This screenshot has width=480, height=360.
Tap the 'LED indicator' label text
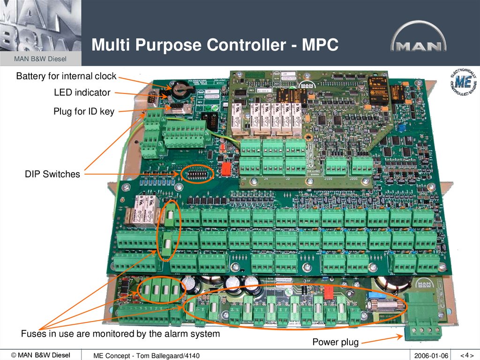tap(82, 92)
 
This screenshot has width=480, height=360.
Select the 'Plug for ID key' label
tap(83, 112)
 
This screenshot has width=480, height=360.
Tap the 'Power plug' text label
tap(335, 343)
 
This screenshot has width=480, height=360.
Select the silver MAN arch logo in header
tap(419, 38)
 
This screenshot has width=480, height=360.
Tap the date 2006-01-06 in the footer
tap(431, 356)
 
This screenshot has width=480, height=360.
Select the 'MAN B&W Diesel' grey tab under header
tap(40, 59)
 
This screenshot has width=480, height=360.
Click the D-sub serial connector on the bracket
tap(152, 99)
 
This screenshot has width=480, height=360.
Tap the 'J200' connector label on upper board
tap(361, 179)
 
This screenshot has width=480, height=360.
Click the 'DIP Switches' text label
tap(52, 174)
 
